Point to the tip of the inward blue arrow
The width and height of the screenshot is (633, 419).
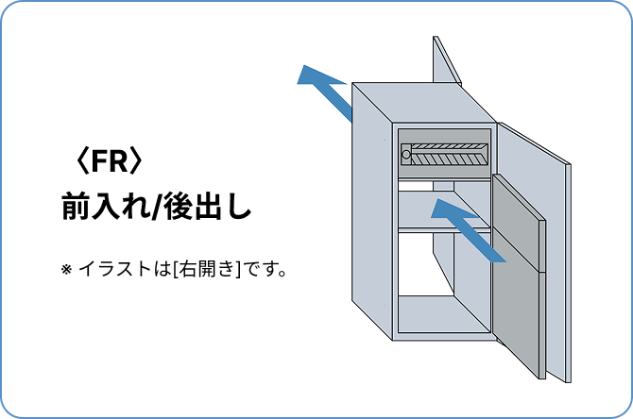tap(436, 205)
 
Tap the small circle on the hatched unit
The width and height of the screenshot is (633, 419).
tap(406, 154)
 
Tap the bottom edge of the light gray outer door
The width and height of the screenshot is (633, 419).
tap(557, 377)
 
